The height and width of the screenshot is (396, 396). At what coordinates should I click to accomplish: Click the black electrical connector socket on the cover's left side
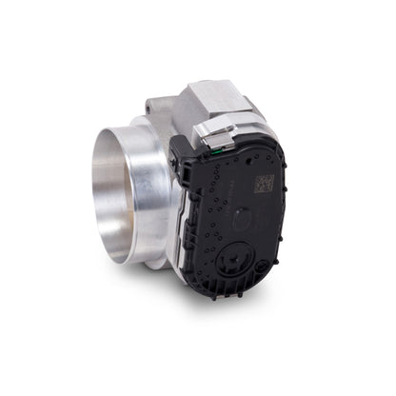coord(184,171)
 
